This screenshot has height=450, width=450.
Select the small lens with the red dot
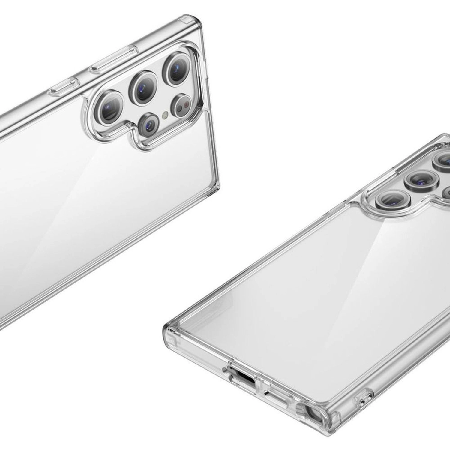pos(182,106)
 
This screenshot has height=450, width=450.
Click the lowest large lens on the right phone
pos(389,200)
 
